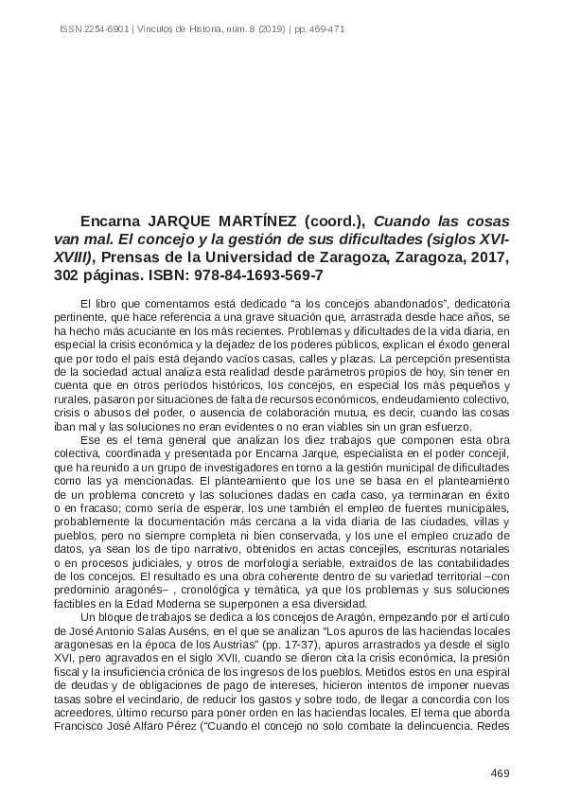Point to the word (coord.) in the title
click(x=329, y=215)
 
